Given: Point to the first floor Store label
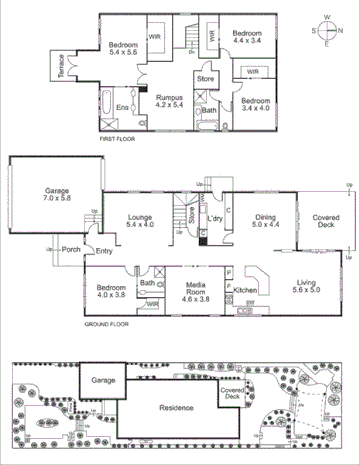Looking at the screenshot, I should coord(206,77).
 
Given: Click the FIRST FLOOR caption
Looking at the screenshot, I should coord(121,141).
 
